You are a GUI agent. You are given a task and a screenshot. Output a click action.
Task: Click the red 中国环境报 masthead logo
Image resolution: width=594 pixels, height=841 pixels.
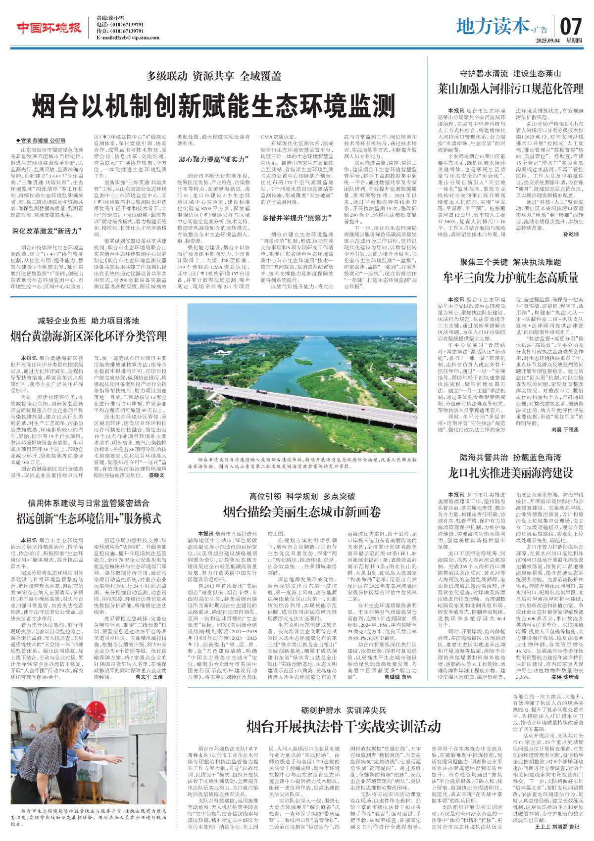click(x=49, y=28)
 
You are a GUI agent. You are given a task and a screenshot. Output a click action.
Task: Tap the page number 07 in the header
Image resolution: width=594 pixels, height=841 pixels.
click(x=571, y=26)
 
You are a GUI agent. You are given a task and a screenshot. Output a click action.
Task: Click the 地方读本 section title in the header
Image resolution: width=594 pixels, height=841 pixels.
click(x=492, y=26)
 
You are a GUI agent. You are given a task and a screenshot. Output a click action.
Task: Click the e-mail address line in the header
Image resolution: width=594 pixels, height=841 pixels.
click(x=128, y=38)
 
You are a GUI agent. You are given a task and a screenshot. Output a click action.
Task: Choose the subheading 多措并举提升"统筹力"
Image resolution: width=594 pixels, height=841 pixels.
click(x=296, y=218)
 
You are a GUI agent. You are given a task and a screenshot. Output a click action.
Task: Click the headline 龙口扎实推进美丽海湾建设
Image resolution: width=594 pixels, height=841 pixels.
click(x=510, y=473)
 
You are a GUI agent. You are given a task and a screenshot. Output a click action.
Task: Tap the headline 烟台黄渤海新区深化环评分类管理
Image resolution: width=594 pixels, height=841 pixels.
click(x=89, y=337)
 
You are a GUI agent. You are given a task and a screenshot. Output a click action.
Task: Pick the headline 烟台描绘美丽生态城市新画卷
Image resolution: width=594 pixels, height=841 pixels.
click(x=302, y=512)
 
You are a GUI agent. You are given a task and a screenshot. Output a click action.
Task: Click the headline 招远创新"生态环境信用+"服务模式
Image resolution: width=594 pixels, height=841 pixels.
click(x=89, y=518)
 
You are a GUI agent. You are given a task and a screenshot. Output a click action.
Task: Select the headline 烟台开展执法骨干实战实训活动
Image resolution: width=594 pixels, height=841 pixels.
click(x=344, y=726)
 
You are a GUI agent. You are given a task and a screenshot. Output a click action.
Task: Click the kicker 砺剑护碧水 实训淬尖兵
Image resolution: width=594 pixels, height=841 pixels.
click(x=344, y=710)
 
